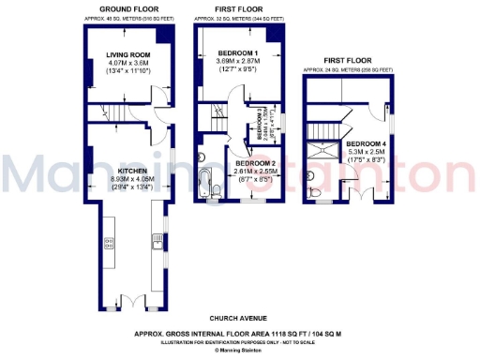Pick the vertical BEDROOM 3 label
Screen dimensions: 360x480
tap(261, 123)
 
